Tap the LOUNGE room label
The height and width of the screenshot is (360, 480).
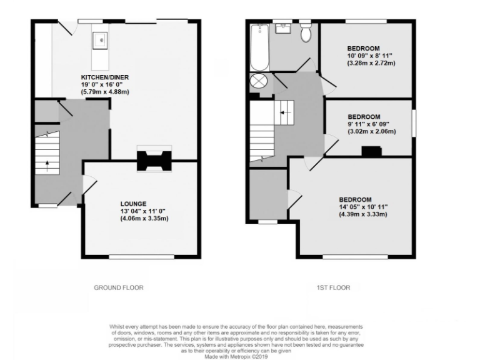(x=134, y=204)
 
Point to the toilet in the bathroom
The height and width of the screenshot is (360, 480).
(x=306, y=34)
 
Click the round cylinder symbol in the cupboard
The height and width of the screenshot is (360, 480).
(x=258, y=81)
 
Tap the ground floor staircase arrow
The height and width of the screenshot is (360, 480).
(x=47, y=166)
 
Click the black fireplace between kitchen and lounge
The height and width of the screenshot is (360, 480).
(x=153, y=159)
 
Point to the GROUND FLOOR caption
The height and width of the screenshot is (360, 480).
(x=118, y=288)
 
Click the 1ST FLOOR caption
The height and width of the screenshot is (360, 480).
(x=332, y=288)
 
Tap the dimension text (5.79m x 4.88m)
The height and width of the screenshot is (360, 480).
(x=104, y=92)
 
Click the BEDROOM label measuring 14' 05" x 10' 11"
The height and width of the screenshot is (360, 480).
(x=356, y=199)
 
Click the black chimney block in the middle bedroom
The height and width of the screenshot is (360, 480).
(x=372, y=151)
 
